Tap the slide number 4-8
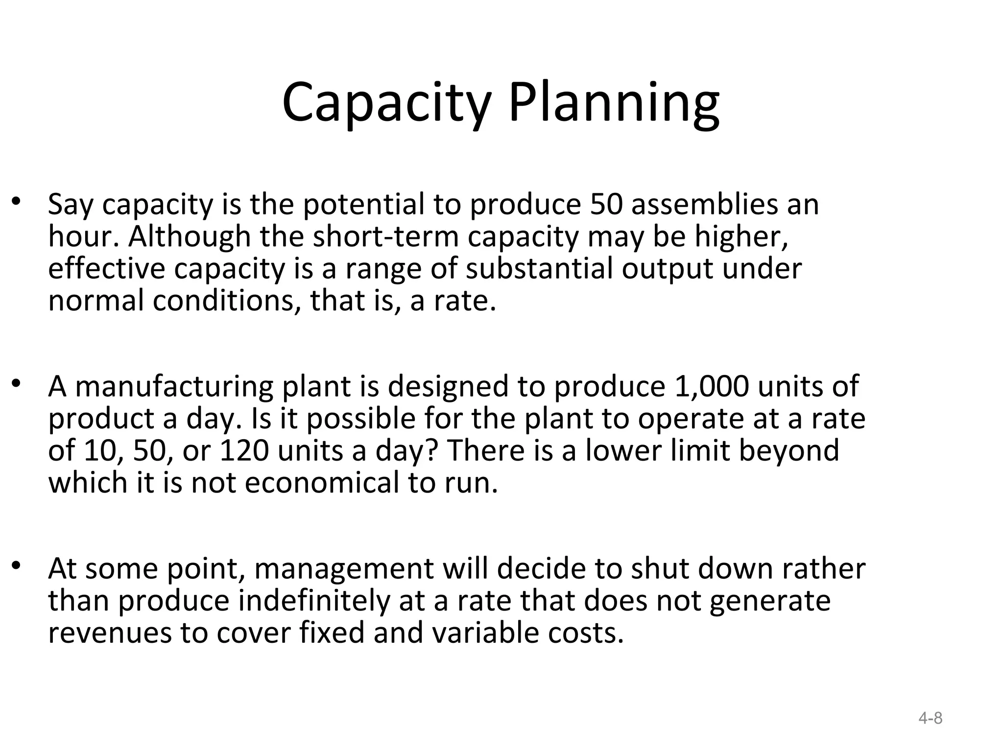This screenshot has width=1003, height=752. (x=931, y=718)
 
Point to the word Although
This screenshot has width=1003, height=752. (x=190, y=236)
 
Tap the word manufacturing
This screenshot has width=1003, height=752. (x=174, y=387)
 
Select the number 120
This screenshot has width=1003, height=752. (x=244, y=451)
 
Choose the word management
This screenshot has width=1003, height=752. (x=344, y=569)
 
